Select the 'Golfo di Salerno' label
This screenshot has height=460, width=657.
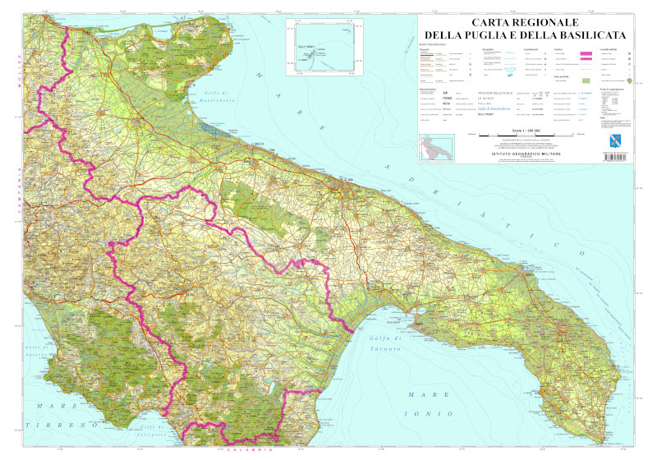[x=38, y=352]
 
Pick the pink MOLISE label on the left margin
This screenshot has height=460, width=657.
[x=18, y=61]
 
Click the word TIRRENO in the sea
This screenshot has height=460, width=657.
[x=51, y=425]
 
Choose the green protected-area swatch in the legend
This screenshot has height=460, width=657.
[x=585, y=81]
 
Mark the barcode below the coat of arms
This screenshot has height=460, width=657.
[x=616, y=155]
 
